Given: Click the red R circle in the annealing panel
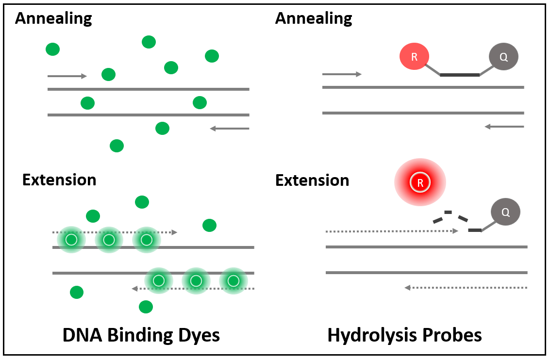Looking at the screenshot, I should [414, 57].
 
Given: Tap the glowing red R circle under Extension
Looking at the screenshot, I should [420, 183].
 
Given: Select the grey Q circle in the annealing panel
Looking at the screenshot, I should [503, 57].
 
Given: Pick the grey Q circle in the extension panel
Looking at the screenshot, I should [505, 212].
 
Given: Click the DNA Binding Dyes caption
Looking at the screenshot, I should [141, 335].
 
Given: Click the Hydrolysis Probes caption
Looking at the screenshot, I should [404, 335].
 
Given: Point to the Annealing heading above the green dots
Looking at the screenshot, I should [53, 18].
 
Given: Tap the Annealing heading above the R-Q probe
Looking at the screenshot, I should [314, 18].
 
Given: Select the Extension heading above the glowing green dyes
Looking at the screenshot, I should [59, 180].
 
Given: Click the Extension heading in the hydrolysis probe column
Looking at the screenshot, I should [312, 180].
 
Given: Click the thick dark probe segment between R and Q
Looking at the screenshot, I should [460, 75].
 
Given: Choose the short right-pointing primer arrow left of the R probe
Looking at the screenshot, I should [342, 74].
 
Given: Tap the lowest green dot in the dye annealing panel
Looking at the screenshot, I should [117, 146].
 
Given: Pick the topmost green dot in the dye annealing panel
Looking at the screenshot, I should [149, 42].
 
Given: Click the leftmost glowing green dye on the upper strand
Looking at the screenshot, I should [71, 239].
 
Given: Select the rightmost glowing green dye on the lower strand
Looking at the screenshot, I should [234, 281].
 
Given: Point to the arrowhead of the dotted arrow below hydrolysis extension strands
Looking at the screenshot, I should [408, 288].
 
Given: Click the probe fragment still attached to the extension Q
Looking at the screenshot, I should [475, 229].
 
